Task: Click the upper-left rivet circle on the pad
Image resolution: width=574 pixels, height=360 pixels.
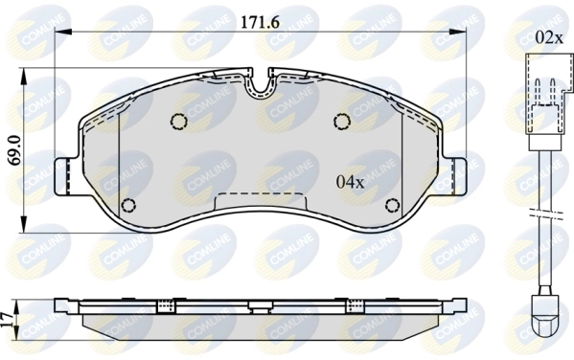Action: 177,121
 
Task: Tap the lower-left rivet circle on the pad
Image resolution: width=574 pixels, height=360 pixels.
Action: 130,205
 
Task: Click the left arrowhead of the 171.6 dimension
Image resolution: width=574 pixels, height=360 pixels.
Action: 59,33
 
